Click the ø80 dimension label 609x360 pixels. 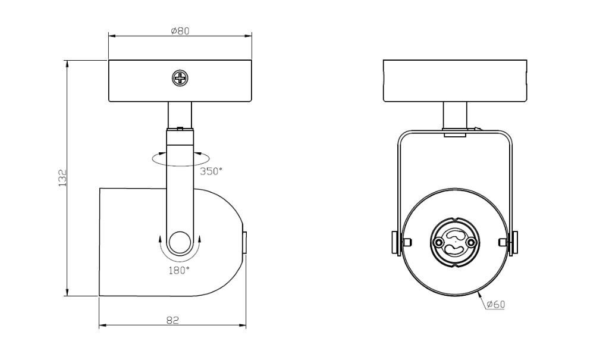pyautogui.click(x=180, y=31)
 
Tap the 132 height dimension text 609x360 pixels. pyautogui.click(x=62, y=178)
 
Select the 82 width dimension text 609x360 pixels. pyautogui.click(x=172, y=320)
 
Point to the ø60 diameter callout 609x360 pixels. pyautogui.click(x=495, y=305)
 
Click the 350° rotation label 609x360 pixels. pyautogui.click(x=211, y=171)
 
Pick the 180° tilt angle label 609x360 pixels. pyautogui.click(x=178, y=271)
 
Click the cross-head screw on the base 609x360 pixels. pyautogui.click(x=180, y=79)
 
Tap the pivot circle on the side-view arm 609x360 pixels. pyautogui.click(x=180, y=243)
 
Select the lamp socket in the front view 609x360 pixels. pyautogui.click(x=455, y=242)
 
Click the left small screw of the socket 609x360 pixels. pyautogui.click(x=439, y=243)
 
